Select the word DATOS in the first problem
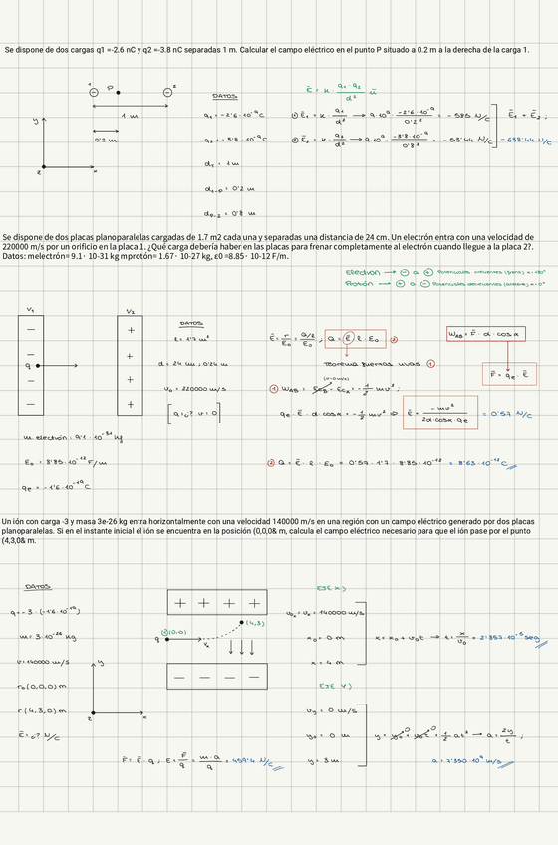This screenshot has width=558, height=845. tap(225, 97)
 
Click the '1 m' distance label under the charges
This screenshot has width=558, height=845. tap(131, 117)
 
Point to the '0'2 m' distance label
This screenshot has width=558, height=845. tap(106, 141)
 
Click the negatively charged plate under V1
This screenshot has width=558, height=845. tap(31, 365)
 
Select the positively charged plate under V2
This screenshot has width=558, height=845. tap(130, 365)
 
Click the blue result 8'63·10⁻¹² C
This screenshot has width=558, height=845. tap(476, 463)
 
